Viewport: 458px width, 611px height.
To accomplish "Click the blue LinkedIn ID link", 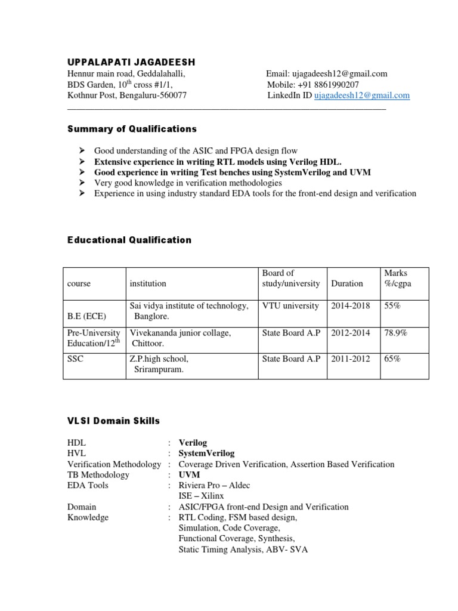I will click(362, 95).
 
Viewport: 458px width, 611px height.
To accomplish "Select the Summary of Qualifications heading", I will click(132, 129).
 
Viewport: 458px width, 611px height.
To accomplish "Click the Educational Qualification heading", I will click(129, 240).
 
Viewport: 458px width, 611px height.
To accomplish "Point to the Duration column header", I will click(346, 284).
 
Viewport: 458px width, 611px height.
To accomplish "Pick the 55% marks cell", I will click(392, 306).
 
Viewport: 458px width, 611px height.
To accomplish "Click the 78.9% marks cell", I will click(395, 333).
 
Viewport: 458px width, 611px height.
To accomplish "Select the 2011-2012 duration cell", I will click(350, 359).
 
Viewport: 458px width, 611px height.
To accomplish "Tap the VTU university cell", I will click(290, 306).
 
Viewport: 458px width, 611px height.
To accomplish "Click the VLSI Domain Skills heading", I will click(113, 421).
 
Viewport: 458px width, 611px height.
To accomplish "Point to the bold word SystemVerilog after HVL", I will click(206, 453).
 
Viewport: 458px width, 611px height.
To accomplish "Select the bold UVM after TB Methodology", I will click(190, 475).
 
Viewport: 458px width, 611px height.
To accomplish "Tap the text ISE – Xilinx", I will click(201, 496).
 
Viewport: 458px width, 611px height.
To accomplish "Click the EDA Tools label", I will click(88, 486).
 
